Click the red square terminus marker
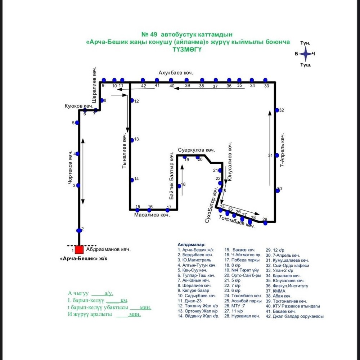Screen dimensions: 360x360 (79, 249)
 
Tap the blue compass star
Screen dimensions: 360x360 (306, 54)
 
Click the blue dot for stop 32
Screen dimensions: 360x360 (277, 110)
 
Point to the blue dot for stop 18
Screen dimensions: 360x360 (179, 185)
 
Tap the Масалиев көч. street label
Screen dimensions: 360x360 (152, 215)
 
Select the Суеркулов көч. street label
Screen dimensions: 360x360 (196, 150)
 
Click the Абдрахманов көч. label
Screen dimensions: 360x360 (108, 249)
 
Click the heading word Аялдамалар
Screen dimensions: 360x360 (191, 244)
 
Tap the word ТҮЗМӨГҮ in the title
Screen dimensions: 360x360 (187, 50)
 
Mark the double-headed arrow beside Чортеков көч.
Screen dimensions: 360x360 (83, 171)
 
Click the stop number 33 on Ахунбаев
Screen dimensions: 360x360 (266, 86)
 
